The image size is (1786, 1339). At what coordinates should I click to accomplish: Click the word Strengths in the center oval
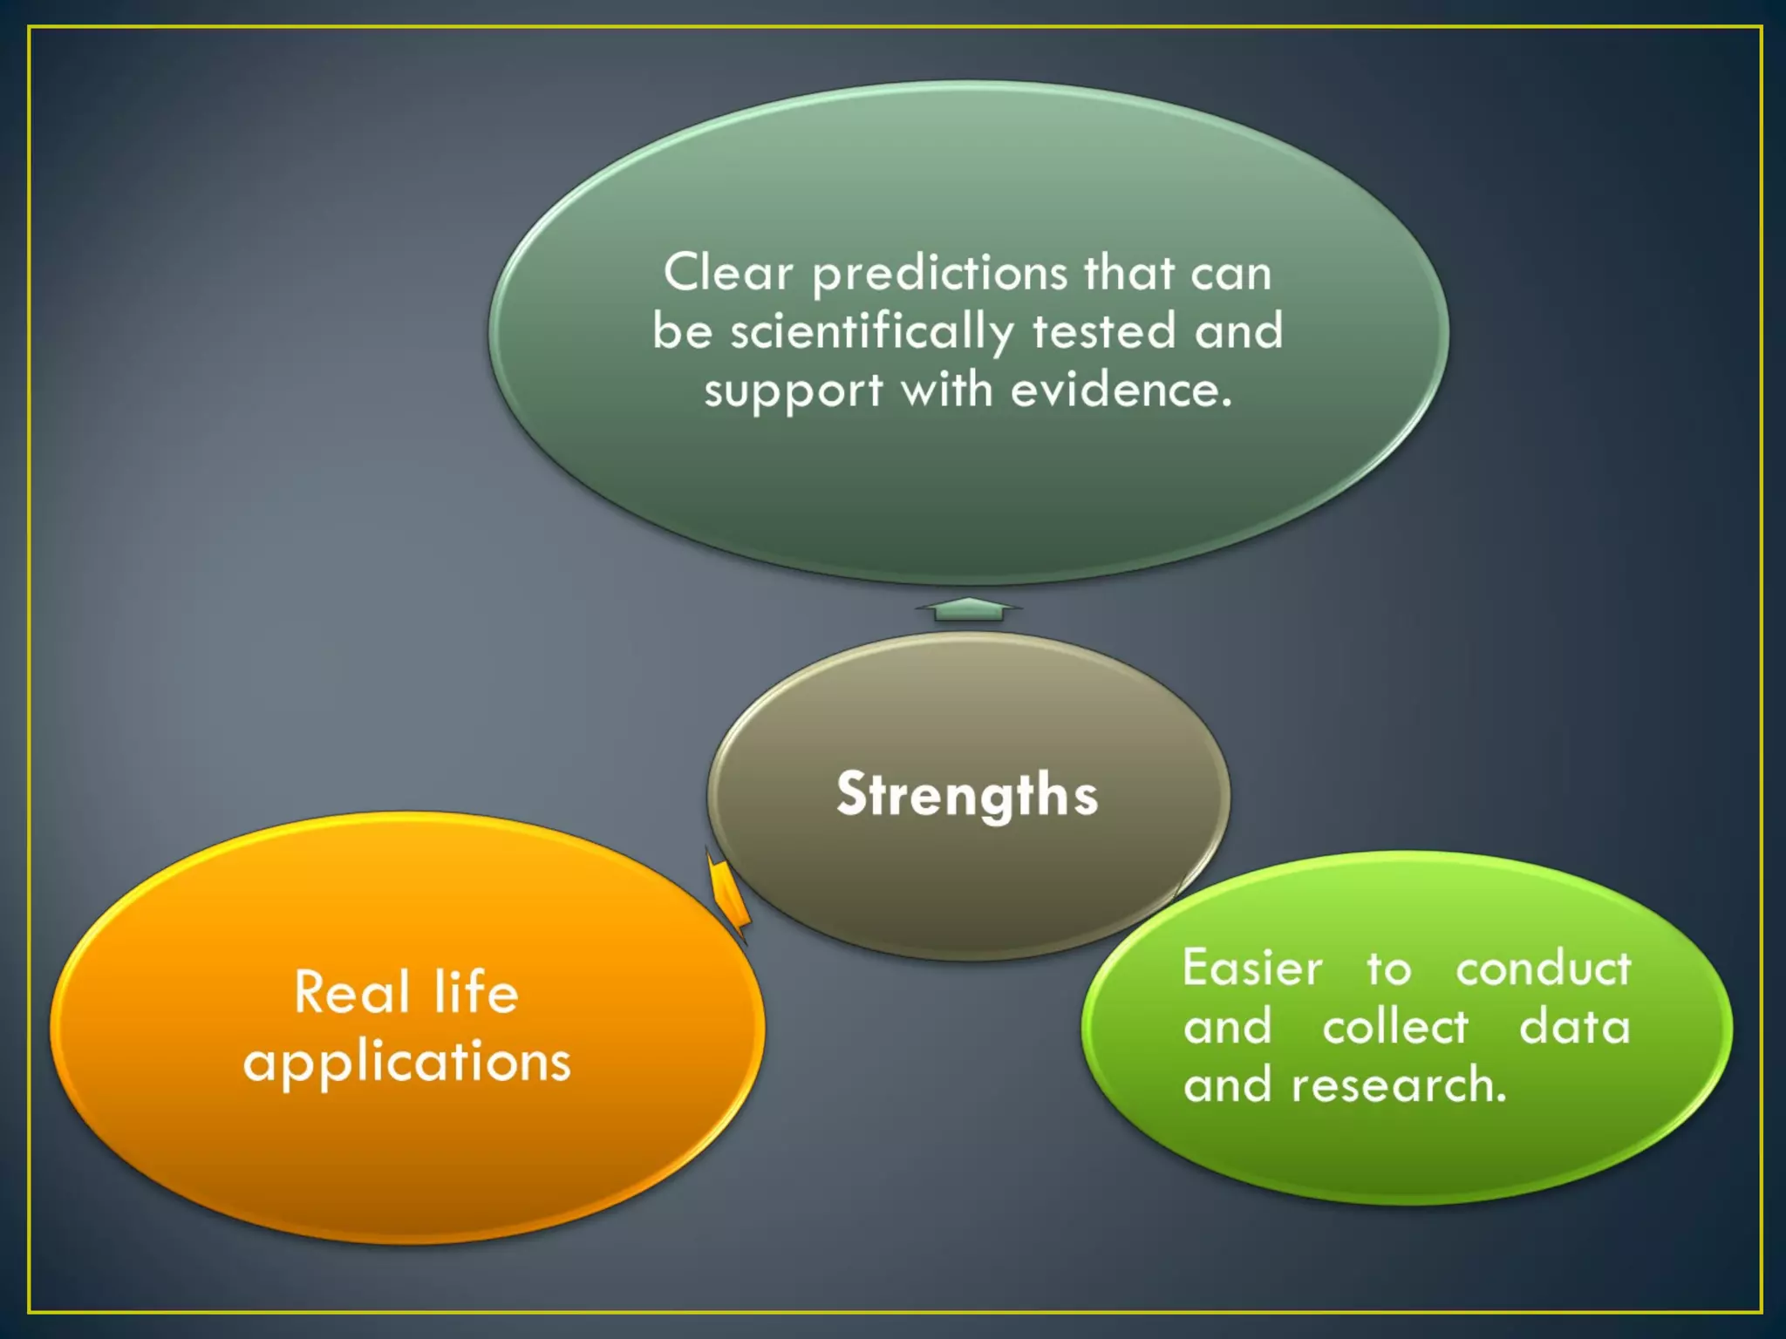pyautogui.click(x=966, y=795)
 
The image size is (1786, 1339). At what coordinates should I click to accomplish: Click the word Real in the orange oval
pyautogui.click(x=351, y=992)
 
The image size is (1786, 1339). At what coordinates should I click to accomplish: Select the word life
pyautogui.click(x=476, y=992)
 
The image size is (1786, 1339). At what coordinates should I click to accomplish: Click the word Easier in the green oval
pyautogui.click(x=1252, y=969)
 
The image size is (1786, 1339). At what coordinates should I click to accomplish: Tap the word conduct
pyautogui.click(x=1543, y=969)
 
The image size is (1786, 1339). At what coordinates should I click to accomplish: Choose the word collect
pyautogui.click(x=1395, y=1027)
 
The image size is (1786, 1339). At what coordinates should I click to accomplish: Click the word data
pyautogui.click(x=1574, y=1027)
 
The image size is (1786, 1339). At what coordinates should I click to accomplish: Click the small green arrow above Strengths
pyautogui.click(x=967, y=609)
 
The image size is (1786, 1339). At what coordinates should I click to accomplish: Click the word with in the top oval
pyautogui.click(x=946, y=390)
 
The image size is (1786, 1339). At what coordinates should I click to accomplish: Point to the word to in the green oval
pyautogui.click(x=1388, y=969)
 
